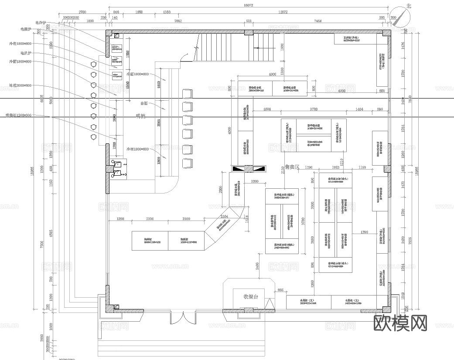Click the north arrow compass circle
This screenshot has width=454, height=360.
click(401, 17)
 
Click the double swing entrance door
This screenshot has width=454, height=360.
click(180, 318)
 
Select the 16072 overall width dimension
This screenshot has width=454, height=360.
click(249, 5)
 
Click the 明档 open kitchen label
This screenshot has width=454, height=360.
click(141, 116)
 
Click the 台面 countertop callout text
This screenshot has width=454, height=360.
click(144, 103)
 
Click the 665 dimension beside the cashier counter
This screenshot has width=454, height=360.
click(280, 290)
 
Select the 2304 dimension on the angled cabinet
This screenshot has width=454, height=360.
click(224, 216)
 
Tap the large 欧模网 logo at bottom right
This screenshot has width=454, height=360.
click(400, 323)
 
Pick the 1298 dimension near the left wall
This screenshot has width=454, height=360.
click(121, 218)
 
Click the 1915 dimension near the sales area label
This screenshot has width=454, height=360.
click(335, 167)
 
